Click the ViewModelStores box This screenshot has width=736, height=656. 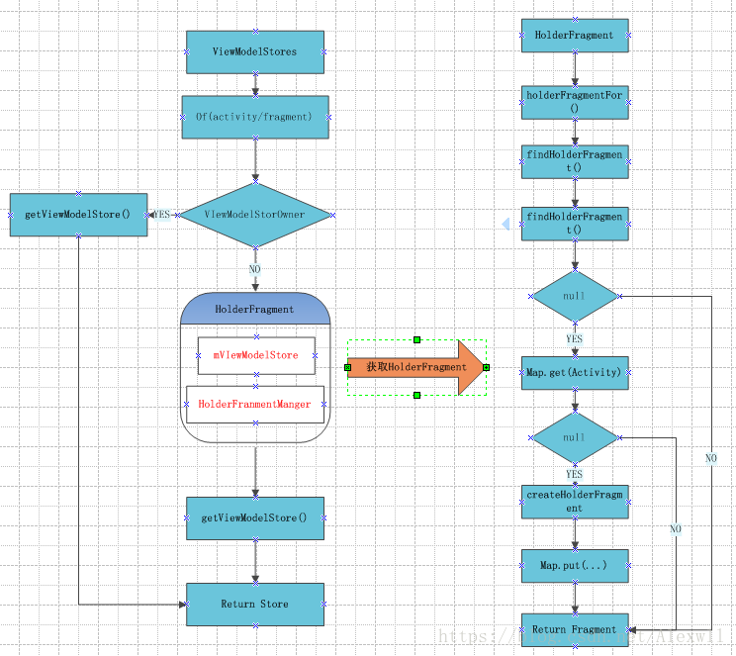pos(255,51)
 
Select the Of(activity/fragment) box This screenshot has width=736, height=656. pos(255,117)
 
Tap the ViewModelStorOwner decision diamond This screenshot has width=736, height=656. pos(255,214)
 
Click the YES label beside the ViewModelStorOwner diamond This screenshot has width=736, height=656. pos(161,214)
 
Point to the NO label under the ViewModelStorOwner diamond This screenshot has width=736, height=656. pos(255,268)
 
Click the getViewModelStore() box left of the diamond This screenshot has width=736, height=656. pos(78,215)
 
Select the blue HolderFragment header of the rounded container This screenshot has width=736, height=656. pos(255,309)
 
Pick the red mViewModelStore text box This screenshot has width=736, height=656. pos(255,355)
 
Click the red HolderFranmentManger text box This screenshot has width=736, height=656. pos(255,404)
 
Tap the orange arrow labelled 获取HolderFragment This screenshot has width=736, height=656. pos(416,367)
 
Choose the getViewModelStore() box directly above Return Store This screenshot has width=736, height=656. pos(255,517)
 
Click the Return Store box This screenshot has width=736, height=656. pos(255,604)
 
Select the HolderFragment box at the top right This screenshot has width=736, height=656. pos(575,36)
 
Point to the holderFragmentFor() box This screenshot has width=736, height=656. pos(575,102)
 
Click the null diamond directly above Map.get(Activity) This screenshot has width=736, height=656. pos(575,297)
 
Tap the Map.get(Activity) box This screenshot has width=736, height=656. pos(575,373)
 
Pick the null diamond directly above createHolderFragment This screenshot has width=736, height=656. pos(575,437)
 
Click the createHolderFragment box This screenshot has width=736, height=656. pos(575,501)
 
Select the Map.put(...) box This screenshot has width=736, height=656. pos(575,566)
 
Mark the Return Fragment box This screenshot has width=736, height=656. pos(575,629)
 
